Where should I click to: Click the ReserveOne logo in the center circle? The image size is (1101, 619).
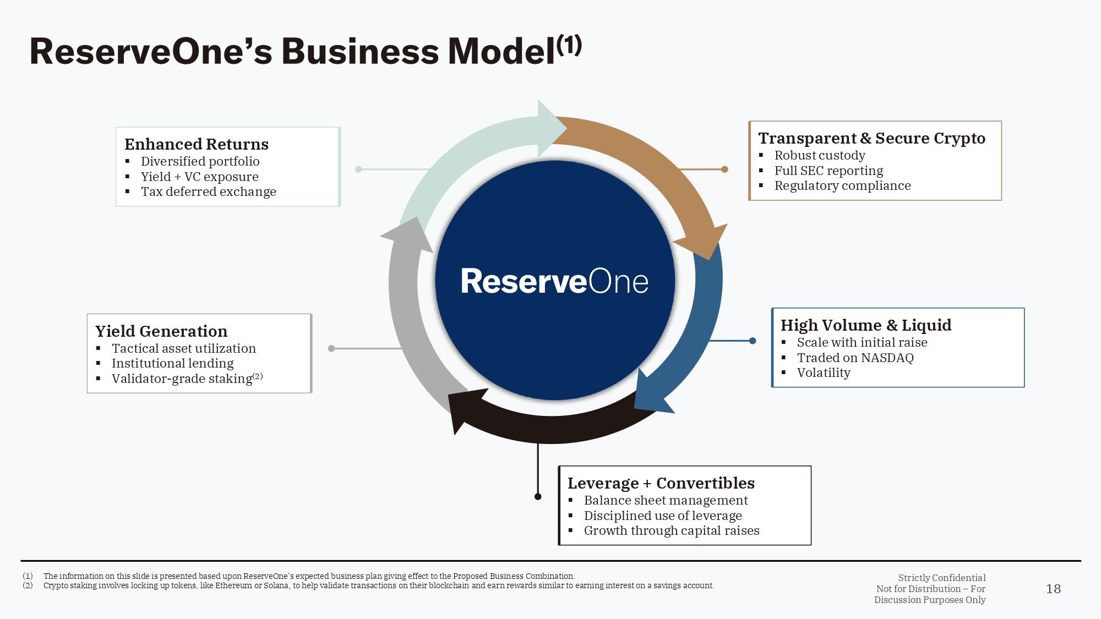[x=554, y=281]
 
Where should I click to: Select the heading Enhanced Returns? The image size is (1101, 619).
[x=197, y=144]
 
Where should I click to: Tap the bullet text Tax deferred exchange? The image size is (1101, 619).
[x=208, y=192]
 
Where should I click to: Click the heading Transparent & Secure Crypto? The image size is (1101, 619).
[x=871, y=138]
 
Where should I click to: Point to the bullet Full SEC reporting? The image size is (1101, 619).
[x=829, y=171]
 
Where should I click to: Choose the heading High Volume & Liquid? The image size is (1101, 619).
[x=866, y=325]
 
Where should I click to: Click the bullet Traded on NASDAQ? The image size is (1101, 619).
[x=855, y=358]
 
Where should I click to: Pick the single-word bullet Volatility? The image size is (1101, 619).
[x=824, y=373]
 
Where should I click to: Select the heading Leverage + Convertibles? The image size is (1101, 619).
[x=661, y=483]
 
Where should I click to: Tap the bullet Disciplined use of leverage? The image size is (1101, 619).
[x=663, y=516]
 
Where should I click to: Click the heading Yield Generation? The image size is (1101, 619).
[x=161, y=331]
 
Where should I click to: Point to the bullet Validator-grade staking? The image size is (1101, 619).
[x=182, y=379]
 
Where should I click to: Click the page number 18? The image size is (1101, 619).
[x=1053, y=589]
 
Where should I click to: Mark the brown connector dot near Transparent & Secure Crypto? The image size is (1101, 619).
[x=724, y=169]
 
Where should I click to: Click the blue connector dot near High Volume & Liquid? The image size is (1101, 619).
[x=753, y=341]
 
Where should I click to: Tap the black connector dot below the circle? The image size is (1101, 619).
[x=538, y=497]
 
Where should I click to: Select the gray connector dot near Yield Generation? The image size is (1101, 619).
[x=331, y=348]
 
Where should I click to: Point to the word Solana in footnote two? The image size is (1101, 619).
[x=276, y=585]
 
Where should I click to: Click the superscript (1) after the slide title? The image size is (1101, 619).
[x=569, y=45]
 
